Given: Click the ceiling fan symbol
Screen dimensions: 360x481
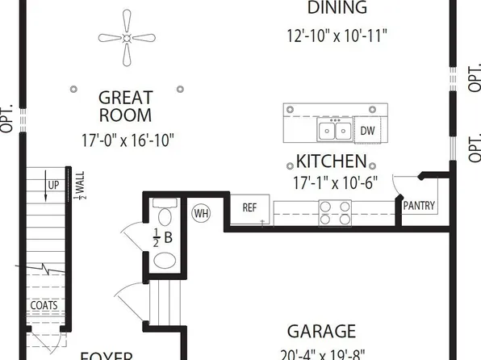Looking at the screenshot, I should (x=127, y=36).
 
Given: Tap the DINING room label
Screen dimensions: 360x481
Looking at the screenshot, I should (x=337, y=9).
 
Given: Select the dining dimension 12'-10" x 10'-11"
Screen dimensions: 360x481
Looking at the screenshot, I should (x=337, y=36).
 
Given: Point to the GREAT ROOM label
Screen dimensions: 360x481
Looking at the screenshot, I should (x=125, y=107).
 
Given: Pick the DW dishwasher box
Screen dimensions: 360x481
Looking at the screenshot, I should (x=367, y=130).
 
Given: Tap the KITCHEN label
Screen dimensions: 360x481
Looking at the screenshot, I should (x=331, y=161).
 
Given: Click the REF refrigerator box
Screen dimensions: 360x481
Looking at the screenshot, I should (x=250, y=207).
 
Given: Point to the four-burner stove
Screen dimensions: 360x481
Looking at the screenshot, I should (x=335, y=212).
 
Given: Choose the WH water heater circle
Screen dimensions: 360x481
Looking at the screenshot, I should (x=202, y=213).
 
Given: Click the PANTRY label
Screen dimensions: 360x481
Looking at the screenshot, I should (x=419, y=206).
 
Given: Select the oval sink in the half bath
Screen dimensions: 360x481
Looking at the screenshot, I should (x=165, y=261).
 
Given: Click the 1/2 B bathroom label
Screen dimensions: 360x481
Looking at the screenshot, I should (x=163, y=237).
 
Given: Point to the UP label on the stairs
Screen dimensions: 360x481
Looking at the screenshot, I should (x=53, y=184).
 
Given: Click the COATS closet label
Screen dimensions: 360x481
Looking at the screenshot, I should (x=44, y=306).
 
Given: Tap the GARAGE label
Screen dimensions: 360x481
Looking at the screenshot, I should (x=321, y=331).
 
